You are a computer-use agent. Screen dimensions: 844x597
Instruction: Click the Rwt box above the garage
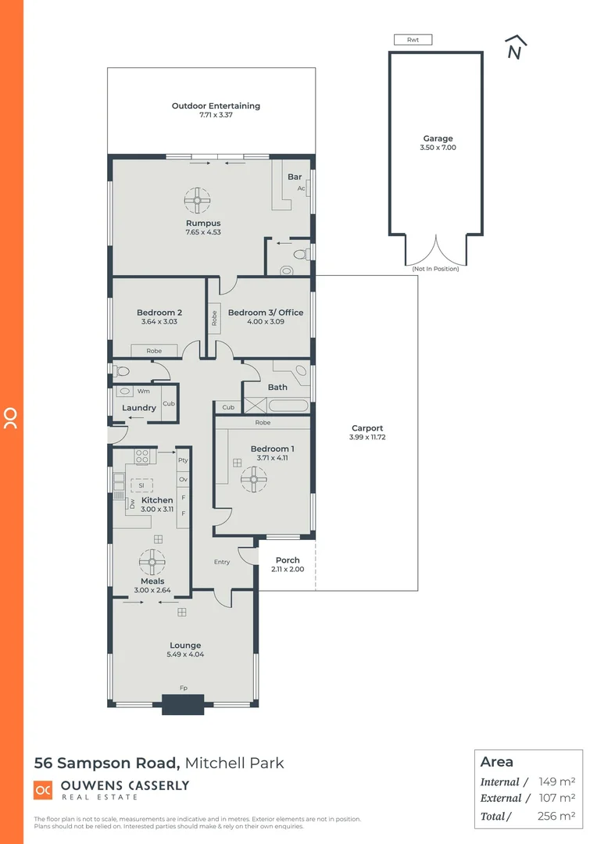click(x=413, y=40)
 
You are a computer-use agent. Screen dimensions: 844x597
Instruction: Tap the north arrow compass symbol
click(x=514, y=48)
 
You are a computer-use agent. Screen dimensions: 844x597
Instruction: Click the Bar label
click(x=295, y=177)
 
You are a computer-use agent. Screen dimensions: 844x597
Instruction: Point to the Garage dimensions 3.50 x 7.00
click(x=438, y=148)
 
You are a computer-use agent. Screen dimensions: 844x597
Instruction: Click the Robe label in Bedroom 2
click(x=155, y=351)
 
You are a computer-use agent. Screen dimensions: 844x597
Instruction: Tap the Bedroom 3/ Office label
click(x=266, y=313)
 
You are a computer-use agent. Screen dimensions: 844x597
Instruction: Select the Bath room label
click(x=277, y=387)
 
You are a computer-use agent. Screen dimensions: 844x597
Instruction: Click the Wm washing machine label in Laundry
click(x=143, y=391)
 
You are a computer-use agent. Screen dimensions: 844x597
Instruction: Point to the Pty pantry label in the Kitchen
click(x=184, y=460)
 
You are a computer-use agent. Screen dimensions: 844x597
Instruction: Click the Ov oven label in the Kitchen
click(x=184, y=479)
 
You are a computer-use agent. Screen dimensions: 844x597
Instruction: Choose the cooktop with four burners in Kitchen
click(x=142, y=456)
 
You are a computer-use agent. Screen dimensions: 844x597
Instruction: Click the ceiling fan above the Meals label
click(x=151, y=560)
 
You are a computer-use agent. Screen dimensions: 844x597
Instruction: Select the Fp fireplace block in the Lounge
click(x=183, y=704)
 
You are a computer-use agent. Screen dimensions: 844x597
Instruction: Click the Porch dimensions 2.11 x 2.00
click(x=288, y=570)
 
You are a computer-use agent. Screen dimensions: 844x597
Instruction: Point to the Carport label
click(x=367, y=427)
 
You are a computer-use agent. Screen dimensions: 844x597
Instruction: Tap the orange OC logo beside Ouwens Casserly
click(x=43, y=790)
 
